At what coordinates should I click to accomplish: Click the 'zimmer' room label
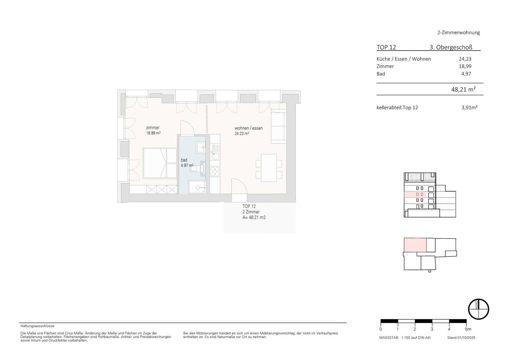[x=153, y=128]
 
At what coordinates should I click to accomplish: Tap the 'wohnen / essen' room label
[x=248, y=128]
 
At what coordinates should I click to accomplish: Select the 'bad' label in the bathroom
[x=184, y=160]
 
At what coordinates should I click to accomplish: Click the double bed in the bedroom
[x=160, y=163]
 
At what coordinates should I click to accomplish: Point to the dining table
[x=269, y=168]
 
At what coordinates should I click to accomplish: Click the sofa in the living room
[x=279, y=126]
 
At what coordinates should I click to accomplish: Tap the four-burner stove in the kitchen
[x=215, y=172]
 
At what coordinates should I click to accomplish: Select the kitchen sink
[x=215, y=152]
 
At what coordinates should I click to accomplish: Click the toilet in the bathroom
[x=198, y=168]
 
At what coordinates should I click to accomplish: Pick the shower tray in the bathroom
[x=197, y=187]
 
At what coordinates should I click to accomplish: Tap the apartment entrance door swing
[x=239, y=186]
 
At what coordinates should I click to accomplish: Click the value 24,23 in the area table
[x=465, y=59]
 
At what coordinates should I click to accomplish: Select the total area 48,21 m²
[x=463, y=89]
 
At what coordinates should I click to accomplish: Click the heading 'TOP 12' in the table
[x=386, y=47]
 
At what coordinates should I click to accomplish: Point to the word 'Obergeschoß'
[x=455, y=47]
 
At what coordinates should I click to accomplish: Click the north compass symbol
[x=479, y=309]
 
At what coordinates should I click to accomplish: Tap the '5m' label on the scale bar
[x=468, y=329]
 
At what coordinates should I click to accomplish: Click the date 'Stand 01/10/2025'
[x=461, y=338]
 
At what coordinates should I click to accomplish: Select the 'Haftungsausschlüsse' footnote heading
[x=37, y=326]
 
